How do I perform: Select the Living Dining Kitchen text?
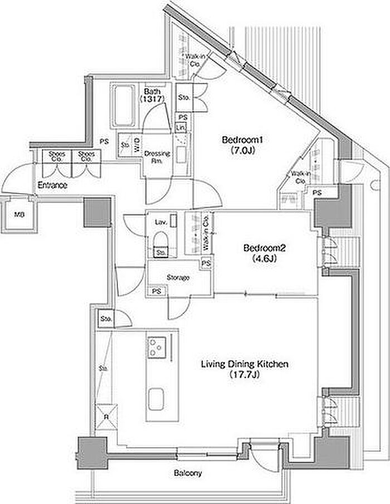tap(244, 365)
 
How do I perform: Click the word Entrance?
tap(52, 185)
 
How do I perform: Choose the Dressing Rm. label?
tap(153, 156)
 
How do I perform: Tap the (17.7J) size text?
tap(244, 375)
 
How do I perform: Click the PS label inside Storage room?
tap(157, 290)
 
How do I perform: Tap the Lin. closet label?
tap(181, 128)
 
